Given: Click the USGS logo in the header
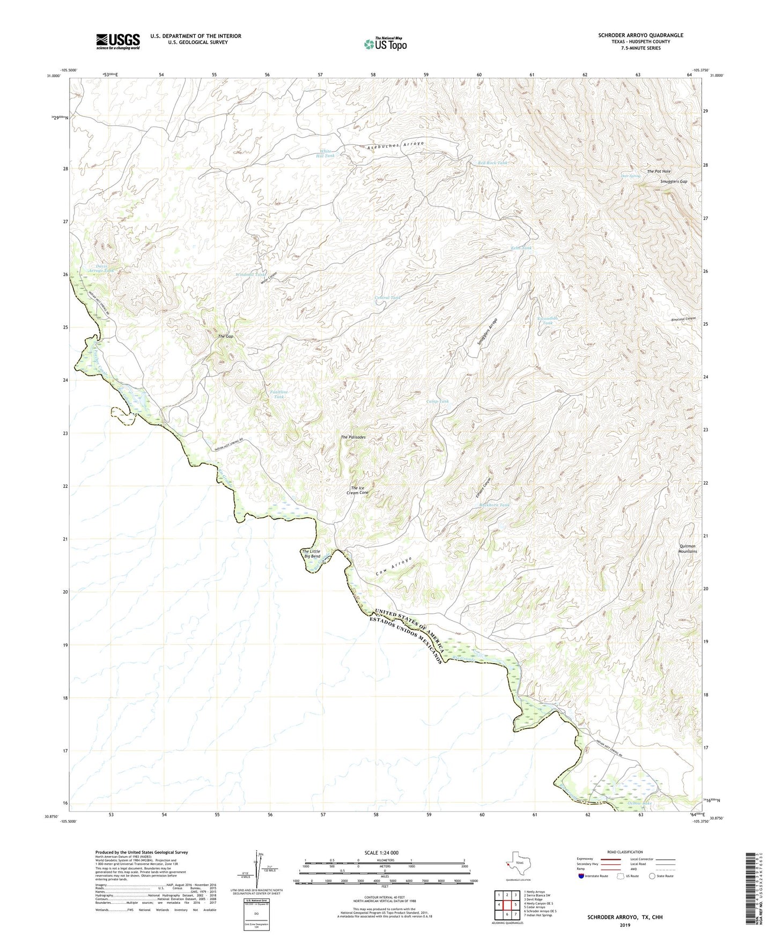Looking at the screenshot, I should [x=118, y=41].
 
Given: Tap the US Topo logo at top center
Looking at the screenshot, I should [x=385, y=44].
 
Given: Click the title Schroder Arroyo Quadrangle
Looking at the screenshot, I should [x=640, y=35].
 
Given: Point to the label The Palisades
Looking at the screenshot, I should [x=353, y=437].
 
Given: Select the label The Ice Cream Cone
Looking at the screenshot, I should [x=359, y=491].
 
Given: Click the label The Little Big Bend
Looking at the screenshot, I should [x=311, y=554].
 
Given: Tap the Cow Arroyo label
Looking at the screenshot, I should [x=394, y=567].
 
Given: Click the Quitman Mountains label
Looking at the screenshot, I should [x=687, y=548].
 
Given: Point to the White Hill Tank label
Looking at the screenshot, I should [x=327, y=153].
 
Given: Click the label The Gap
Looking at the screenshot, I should [x=225, y=337].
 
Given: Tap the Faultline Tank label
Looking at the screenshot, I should [x=278, y=395].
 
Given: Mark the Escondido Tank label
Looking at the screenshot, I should [x=548, y=321].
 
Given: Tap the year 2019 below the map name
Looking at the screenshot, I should [x=625, y=925].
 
